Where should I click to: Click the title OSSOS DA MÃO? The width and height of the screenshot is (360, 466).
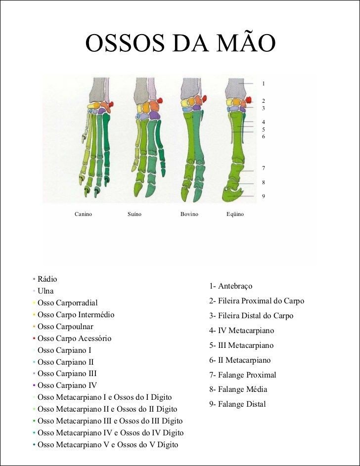[180, 42]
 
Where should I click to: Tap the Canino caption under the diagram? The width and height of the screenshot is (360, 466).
[83, 214]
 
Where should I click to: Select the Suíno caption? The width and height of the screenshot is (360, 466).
[135, 214]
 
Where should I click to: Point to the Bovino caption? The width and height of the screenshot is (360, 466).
[189, 214]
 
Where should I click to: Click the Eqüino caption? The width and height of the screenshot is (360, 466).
[235, 214]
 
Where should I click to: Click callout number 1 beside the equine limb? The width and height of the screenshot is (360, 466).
[263, 84]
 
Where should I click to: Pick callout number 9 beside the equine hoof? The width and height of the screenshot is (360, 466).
[263, 196]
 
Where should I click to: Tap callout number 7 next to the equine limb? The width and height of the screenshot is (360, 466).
[263, 168]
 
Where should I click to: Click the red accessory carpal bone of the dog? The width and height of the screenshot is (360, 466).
[111, 104]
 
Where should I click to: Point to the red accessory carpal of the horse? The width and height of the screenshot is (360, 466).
[249, 100]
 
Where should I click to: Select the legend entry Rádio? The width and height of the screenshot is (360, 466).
[47, 279]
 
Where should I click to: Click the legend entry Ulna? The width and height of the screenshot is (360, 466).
[45, 291]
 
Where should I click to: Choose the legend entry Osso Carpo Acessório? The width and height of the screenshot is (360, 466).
[74, 339]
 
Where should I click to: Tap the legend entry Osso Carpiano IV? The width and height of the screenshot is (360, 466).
[67, 385]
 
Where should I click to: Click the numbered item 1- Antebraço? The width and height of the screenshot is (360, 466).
[230, 286]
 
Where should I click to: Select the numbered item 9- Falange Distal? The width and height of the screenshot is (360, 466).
[237, 404]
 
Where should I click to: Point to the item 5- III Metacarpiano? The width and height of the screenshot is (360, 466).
[241, 345]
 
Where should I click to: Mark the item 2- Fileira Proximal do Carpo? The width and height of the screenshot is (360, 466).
[257, 301]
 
